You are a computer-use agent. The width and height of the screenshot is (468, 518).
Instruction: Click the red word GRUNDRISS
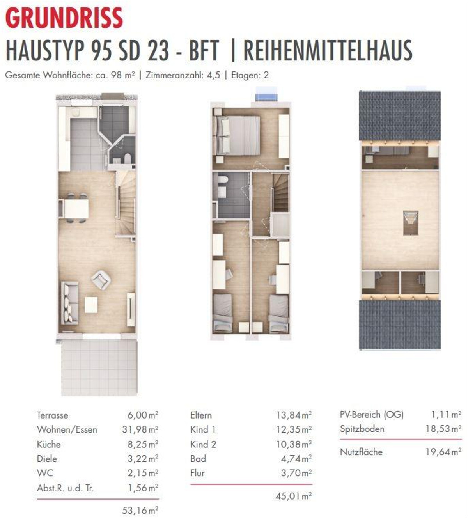click(x=64, y=18)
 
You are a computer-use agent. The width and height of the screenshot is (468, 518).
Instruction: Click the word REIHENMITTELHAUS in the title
click(x=328, y=51)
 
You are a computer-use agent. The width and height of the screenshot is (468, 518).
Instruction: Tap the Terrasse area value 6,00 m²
click(x=143, y=415)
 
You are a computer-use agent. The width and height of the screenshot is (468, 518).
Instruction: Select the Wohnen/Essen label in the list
click(x=67, y=430)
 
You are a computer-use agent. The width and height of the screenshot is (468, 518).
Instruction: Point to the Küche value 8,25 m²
click(x=143, y=444)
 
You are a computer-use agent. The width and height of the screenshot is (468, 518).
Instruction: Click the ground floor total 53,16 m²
click(x=140, y=510)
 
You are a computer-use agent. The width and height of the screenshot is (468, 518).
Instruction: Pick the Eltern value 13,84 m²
click(x=294, y=415)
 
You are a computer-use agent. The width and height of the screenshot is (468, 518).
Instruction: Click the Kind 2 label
click(x=203, y=444)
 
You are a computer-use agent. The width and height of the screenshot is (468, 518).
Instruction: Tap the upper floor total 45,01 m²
click(x=294, y=496)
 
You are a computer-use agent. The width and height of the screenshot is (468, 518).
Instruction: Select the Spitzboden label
click(x=362, y=429)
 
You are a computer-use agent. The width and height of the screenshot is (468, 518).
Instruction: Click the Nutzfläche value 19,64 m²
click(x=443, y=452)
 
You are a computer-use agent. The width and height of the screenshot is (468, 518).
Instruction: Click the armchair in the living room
click(x=101, y=280)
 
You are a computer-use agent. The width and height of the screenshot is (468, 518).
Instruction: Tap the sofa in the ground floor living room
click(x=70, y=303)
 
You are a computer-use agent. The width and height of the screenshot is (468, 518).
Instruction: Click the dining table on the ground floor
click(x=76, y=208)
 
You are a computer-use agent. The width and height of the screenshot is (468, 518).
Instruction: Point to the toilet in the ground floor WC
click(x=128, y=158)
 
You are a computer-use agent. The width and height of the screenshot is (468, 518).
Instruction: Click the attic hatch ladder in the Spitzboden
click(x=411, y=223)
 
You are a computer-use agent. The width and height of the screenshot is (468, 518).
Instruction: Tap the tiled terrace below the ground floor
click(x=99, y=368)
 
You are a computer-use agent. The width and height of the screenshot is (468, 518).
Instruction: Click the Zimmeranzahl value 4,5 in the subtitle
click(x=213, y=75)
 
